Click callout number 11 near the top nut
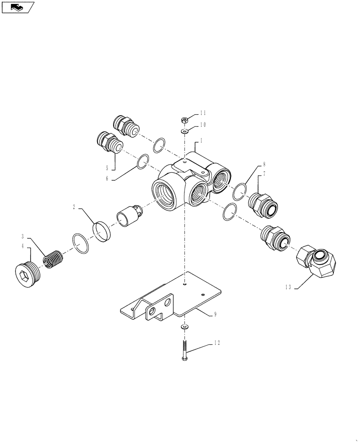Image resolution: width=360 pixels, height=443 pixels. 203,113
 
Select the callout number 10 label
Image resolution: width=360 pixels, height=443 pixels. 203,125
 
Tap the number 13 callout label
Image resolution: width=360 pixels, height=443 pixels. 288,288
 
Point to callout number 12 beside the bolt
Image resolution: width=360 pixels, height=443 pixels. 216,342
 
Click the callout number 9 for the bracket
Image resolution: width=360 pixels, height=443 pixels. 215,314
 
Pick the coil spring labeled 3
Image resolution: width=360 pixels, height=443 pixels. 54,259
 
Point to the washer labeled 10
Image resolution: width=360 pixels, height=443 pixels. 184,131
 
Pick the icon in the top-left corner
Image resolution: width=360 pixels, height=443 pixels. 18,7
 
